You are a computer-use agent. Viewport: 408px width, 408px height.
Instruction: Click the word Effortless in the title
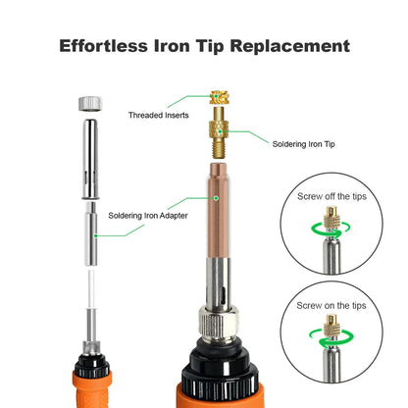[x=103, y=46]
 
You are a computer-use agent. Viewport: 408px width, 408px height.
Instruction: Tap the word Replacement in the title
[x=290, y=46]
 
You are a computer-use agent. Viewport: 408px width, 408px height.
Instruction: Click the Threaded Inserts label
[x=159, y=115]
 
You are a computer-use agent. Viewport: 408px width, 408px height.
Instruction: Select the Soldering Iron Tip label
[x=304, y=144]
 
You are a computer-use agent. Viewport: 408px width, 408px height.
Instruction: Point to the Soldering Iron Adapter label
[x=148, y=216]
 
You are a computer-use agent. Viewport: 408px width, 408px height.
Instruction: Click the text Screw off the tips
[x=331, y=196]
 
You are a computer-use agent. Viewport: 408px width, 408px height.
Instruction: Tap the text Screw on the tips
[x=331, y=306]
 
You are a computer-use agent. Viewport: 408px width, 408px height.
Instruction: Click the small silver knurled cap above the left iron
[x=90, y=104]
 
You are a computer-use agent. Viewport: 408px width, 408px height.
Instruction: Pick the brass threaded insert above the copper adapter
[x=219, y=97]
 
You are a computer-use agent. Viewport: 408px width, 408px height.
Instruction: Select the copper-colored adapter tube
[x=219, y=210]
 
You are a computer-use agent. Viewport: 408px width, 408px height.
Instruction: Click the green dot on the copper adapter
[x=216, y=198]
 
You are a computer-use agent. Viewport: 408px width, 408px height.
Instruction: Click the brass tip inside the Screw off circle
[x=331, y=219]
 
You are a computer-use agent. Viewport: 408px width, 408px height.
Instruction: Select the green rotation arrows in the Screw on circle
[x=331, y=338]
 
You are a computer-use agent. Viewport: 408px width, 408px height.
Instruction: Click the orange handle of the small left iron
[x=92, y=389]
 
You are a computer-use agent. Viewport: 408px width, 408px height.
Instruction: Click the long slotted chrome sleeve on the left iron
[x=90, y=159]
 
